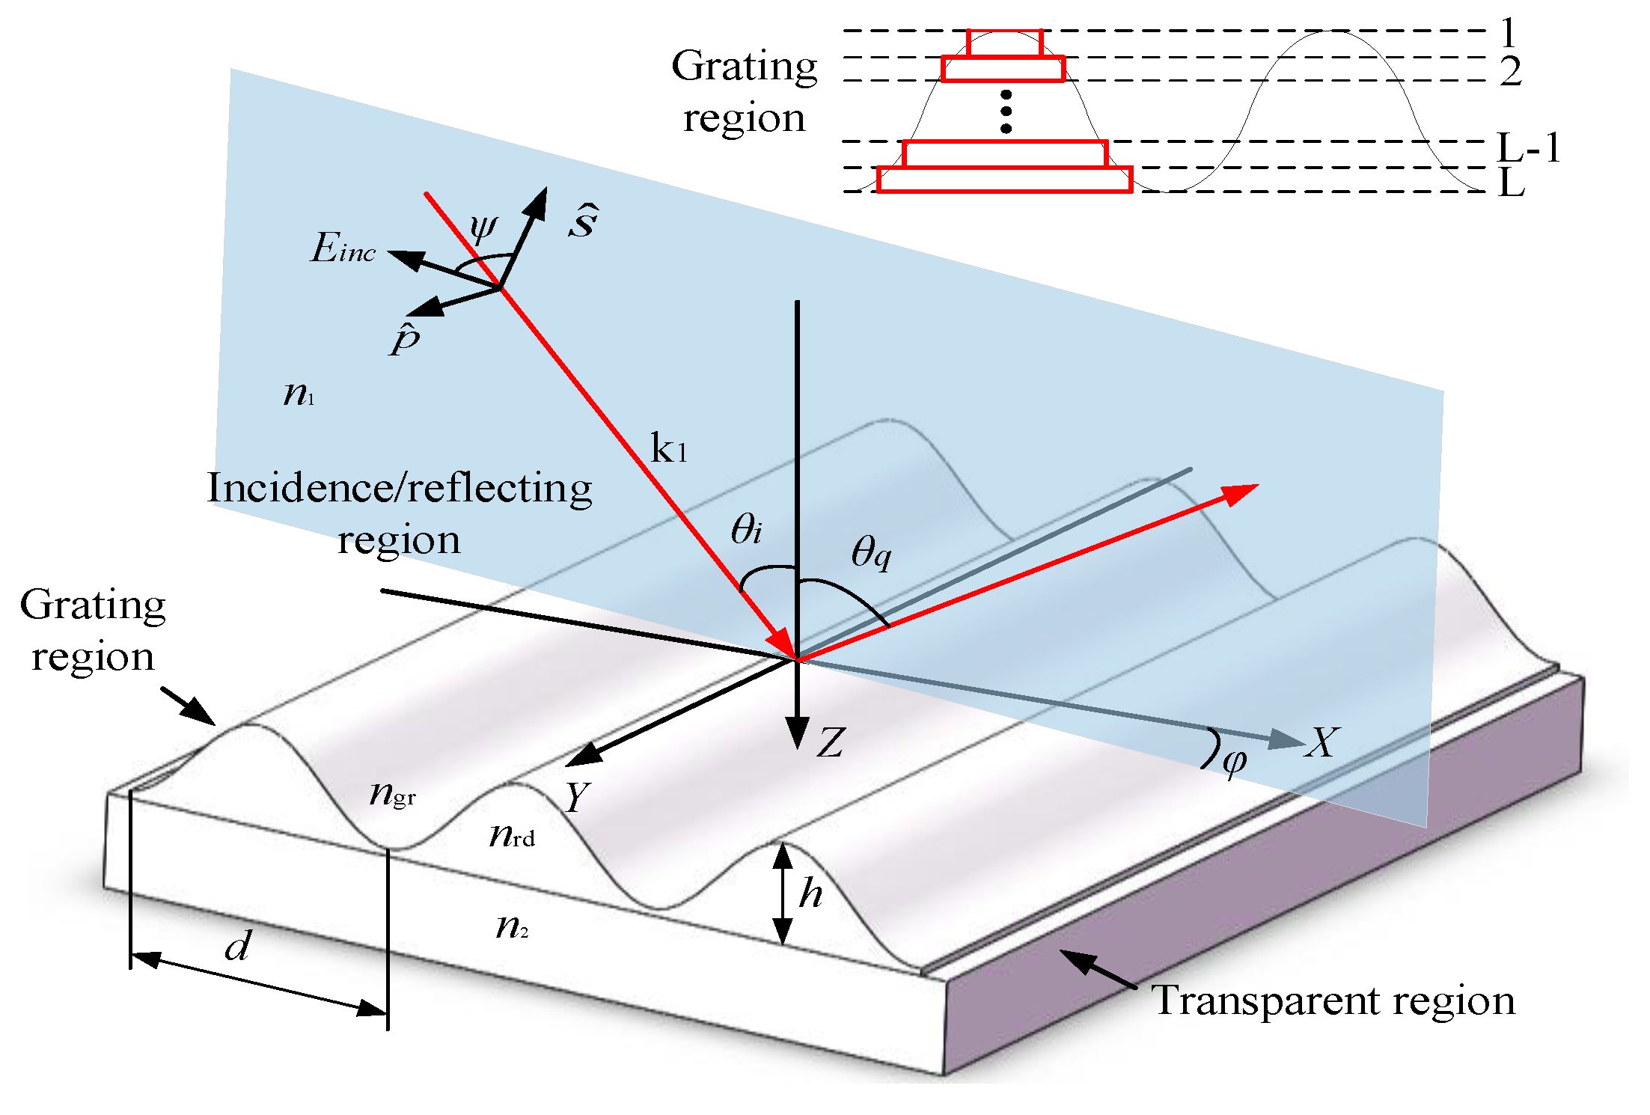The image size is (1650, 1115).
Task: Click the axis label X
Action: (x=1321, y=743)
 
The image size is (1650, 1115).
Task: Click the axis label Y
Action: (x=578, y=797)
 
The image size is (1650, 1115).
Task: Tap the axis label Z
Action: (x=831, y=743)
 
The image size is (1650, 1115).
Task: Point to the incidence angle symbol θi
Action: (x=746, y=529)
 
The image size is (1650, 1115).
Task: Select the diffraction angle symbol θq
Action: (x=871, y=554)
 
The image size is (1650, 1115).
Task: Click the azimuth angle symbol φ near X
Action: (x=1234, y=762)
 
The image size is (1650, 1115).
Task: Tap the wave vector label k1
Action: (x=667, y=449)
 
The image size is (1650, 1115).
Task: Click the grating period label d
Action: (x=238, y=947)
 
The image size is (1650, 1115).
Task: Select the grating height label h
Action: (x=810, y=893)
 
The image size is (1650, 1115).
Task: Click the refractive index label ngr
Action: (x=392, y=793)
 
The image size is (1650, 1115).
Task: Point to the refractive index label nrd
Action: (x=512, y=835)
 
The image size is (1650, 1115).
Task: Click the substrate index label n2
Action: (x=512, y=927)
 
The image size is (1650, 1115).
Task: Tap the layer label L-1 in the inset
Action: (x=1528, y=147)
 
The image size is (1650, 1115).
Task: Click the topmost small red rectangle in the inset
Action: (x=1004, y=43)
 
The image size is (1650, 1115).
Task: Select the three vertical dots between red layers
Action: (x=1006, y=112)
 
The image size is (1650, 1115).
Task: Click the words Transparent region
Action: (x=1333, y=1001)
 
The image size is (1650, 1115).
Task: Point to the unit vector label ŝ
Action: (x=583, y=221)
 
